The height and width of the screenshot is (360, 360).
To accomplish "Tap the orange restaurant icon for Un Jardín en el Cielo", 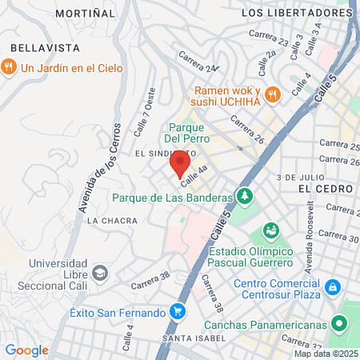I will [10, 68].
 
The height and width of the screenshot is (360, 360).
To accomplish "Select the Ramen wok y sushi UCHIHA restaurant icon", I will [272, 94].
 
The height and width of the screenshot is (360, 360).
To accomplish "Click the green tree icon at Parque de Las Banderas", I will [244, 197].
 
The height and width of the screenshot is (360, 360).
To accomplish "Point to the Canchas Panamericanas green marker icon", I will [340, 325].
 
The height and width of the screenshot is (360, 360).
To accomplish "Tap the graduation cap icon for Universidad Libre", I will [99, 272].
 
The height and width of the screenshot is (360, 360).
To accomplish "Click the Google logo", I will [26, 350].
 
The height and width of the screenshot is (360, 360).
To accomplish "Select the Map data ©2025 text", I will [326, 353].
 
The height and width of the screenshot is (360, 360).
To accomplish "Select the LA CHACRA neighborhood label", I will [107, 220].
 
